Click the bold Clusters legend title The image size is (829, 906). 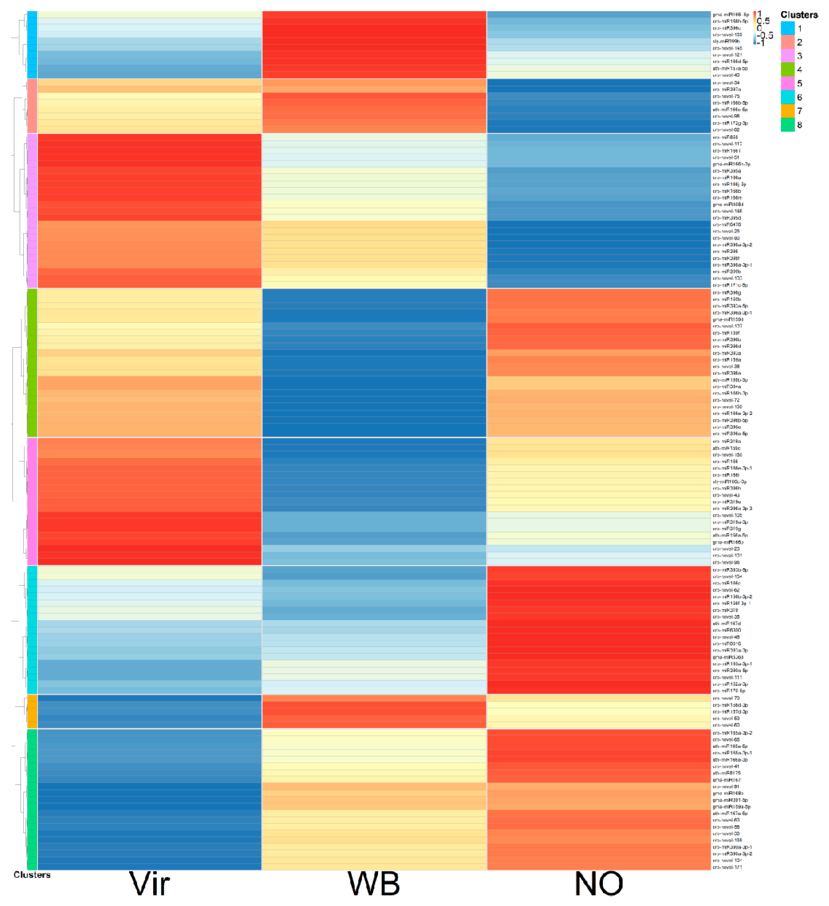point(799,15)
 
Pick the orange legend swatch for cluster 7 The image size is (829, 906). point(787,111)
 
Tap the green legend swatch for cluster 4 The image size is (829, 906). point(787,70)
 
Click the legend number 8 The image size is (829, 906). point(799,125)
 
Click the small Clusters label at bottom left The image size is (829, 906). point(32,874)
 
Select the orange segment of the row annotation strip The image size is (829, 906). point(32,711)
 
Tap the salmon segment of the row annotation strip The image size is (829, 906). point(32,106)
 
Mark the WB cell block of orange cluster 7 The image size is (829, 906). point(374,711)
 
